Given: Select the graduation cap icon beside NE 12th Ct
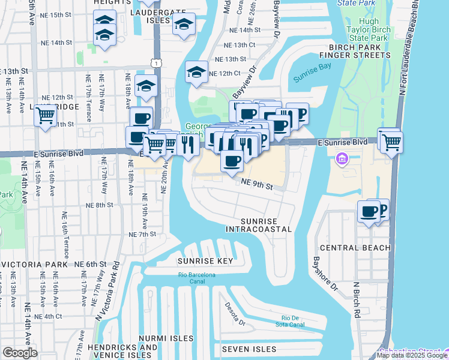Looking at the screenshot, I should [x=196, y=73].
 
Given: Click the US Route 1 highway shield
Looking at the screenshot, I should [x=156, y=63].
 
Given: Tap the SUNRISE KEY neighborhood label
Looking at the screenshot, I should [x=205, y=261].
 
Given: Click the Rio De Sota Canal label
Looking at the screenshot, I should [x=294, y=322].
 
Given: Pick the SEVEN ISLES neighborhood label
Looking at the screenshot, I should [x=249, y=349].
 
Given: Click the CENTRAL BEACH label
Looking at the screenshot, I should [x=355, y=247].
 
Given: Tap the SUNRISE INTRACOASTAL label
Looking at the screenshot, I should [x=259, y=225].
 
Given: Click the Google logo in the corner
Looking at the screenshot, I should [x=20, y=353].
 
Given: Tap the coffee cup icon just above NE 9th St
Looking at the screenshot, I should [x=232, y=161].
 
